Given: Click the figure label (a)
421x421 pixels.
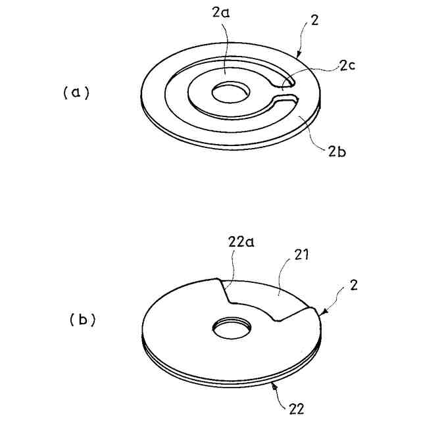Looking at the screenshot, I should click(x=76, y=93).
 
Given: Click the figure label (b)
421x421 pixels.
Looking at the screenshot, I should click(x=83, y=320).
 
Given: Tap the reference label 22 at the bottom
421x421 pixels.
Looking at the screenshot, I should click(x=296, y=409).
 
